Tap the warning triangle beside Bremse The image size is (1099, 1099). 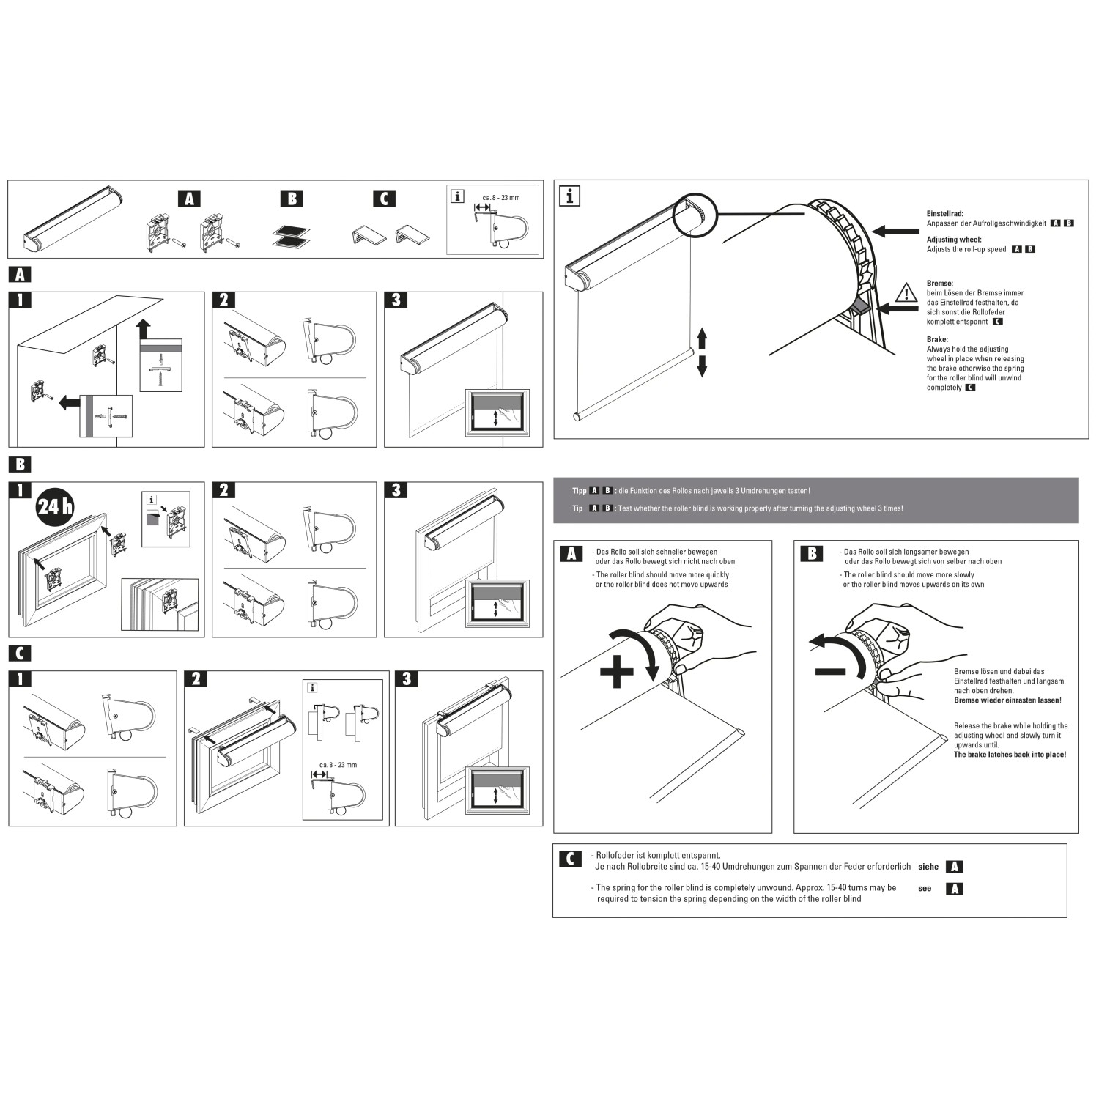click(906, 292)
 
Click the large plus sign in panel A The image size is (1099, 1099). click(616, 671)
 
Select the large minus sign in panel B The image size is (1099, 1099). click(830, 670)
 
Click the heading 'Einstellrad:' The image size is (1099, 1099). click(944, 214)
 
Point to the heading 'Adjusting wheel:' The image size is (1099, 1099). click(953, 240)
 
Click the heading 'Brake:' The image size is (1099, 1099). click(937, 340)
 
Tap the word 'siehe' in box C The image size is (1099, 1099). click(928, 867)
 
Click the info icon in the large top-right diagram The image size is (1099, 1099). click(570, 196)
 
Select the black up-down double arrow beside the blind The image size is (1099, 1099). click(701, 352)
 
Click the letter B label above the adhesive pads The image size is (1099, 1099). click(291, 199)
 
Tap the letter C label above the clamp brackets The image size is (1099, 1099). click(384, 199)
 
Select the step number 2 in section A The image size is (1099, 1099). click(224, 300)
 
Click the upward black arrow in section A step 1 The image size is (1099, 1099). click(144, 328)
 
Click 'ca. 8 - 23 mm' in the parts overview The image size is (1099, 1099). click(501, 198)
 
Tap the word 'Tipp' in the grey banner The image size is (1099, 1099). click(580, 491)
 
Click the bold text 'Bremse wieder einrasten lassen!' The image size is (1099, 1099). click(1007, 700)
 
